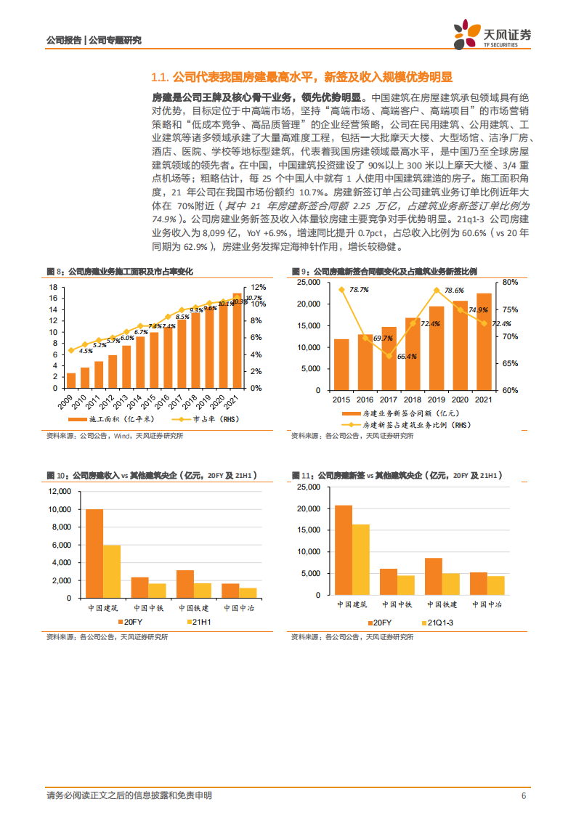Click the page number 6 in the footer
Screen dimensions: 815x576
tap(523, 795)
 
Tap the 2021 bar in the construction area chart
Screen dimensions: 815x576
tap(237, 341)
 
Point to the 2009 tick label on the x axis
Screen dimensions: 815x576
tap(69, 401)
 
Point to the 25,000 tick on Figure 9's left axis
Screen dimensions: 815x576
tap(309, 282)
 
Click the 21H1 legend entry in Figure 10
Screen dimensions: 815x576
tap(199, 623)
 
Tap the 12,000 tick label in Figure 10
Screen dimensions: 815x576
tap(57, 491)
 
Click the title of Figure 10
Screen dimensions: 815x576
tap(151, 475)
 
